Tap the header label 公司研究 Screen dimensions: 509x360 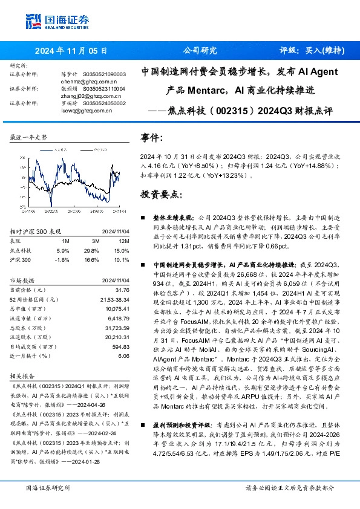tap(199, 51)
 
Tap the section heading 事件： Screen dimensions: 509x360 tap(152, 138)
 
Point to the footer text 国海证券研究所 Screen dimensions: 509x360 tap(46, 487)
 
